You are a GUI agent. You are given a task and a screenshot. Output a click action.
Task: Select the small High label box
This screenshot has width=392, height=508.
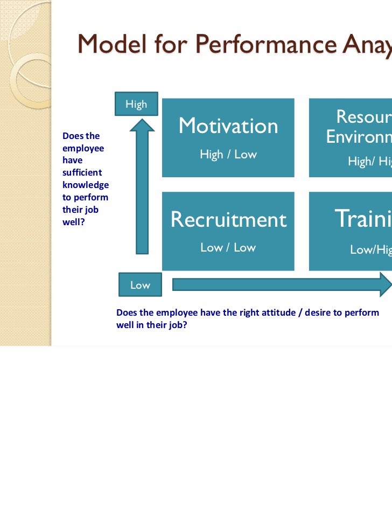pos(136,105)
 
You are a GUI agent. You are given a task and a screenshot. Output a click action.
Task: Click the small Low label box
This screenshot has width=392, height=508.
pos(140,285)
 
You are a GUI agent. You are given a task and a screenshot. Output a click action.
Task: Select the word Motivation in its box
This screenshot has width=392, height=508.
pos(228,126)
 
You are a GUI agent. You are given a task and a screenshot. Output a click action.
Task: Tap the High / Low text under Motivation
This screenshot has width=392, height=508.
pos(228,155)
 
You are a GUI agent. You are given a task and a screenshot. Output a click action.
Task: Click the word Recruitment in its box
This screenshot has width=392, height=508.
pos(228,220)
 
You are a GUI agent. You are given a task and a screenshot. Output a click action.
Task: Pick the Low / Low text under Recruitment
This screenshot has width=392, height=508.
pos(228,248)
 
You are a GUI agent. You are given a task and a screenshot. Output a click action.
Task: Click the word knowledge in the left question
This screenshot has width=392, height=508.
pos(86,185)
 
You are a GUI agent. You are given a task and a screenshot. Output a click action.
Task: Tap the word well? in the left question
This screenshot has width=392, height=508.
pos(72,221)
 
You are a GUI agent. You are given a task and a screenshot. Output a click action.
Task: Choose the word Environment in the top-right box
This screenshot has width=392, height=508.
pos(359,137)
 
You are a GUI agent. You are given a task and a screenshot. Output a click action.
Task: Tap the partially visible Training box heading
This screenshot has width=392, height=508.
pos(363,219)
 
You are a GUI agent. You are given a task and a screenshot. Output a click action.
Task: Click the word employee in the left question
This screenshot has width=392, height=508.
pos(83,148)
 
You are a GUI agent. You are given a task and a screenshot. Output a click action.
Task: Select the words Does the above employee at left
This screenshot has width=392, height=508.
pos(81,136)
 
